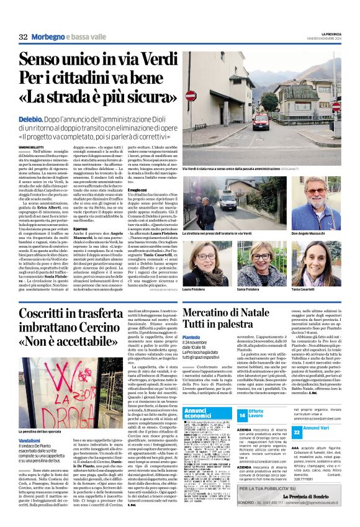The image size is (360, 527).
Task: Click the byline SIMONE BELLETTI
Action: (32, 146)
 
